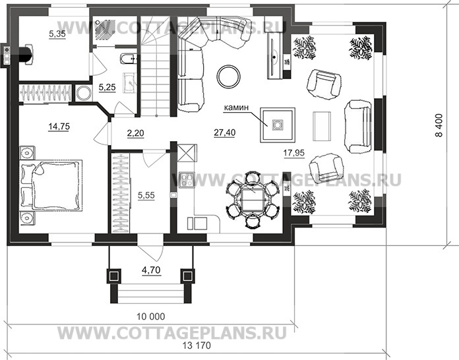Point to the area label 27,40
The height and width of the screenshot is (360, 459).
coord(225,133)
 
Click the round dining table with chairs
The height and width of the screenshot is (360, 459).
coord(251,199)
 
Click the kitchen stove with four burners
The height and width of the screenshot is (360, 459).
coord(185,179)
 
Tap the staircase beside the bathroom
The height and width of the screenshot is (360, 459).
coord(156,73)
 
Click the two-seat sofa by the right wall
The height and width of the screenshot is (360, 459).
coord(357,124)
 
